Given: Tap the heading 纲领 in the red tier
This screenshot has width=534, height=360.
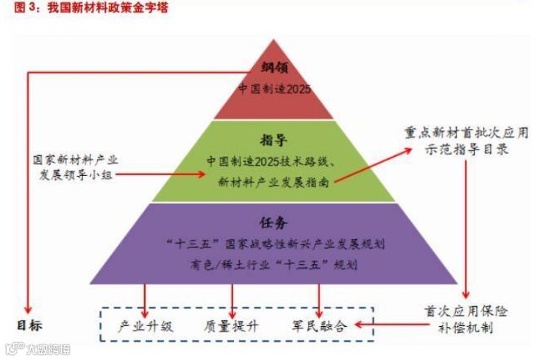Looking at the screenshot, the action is pyautogui.click(x=274, y=68).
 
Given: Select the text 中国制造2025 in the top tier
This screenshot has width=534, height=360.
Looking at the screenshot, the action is pyautogui.click(x=274, y=88).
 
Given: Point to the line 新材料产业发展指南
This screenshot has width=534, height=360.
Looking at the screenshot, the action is pyautogui.click(x=273, y=180).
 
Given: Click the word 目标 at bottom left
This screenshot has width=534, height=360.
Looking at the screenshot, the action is pyautogui.click(x=30, y=325).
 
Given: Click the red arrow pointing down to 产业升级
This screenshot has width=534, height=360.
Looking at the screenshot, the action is pyautogui.click(x=145, y=299).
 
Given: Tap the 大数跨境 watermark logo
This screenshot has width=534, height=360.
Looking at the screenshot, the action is pyautogui.click(x=37, y=348).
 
